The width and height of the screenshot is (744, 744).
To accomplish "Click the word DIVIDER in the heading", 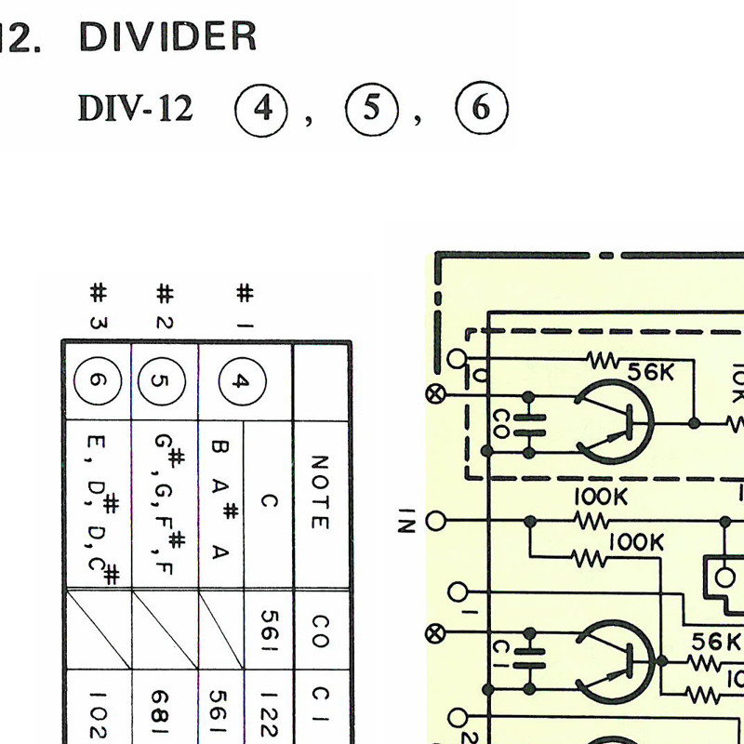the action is click(167, 36).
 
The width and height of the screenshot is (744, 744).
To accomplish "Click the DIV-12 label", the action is click(135, 108).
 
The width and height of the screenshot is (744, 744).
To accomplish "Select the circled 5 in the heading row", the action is click(371, 109).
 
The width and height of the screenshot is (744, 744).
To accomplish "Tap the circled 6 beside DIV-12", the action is click(482, 108).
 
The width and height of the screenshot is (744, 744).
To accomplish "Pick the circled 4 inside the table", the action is click(243, 381).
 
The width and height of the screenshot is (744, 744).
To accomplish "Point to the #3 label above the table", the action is click(99, 306).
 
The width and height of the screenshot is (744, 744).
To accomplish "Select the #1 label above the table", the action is click(245, 306).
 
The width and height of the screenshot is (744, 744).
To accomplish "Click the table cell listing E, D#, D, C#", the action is click(100, 505).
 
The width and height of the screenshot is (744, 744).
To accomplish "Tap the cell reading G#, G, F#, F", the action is click(166, 505).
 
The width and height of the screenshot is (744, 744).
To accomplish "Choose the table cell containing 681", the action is click(165, 707).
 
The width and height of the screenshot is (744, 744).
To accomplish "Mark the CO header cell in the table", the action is click(321, 631).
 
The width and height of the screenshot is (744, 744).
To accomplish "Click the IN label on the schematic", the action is click(406, 521).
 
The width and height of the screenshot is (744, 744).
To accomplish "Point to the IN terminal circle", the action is click(435, 521).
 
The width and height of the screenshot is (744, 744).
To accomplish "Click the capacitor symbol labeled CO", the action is click(528, 425).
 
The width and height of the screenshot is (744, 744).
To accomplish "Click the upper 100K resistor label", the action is click(601, 497).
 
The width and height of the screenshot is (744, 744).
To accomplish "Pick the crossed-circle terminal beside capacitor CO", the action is click(434, 394).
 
